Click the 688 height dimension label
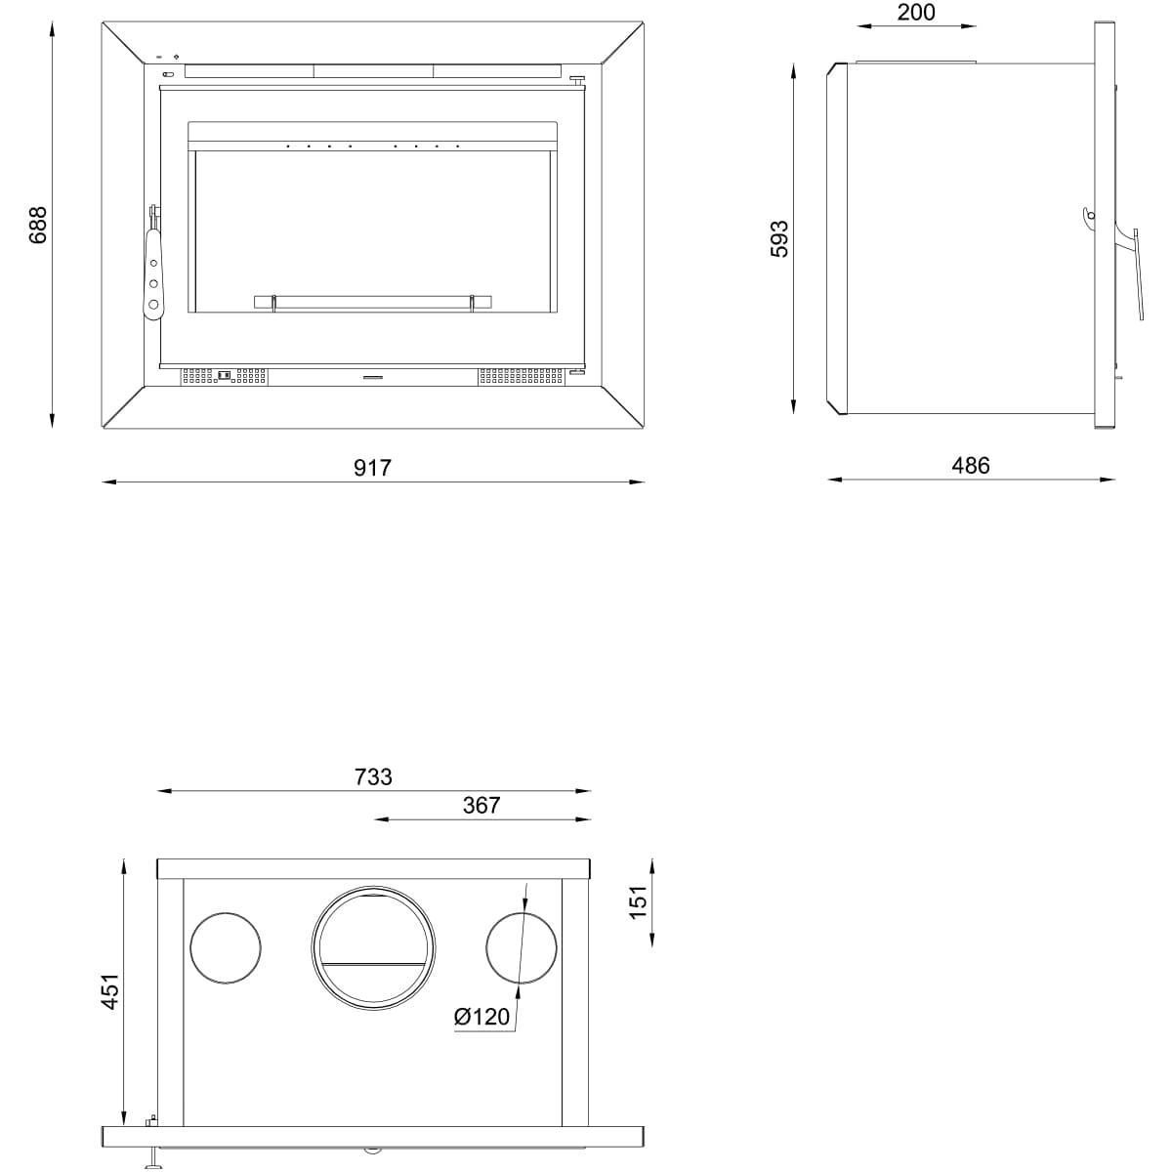tap(38, 225)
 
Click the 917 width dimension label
tap(372, 468)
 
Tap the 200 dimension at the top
tap(916, 12)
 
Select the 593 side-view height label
tap(778, 238)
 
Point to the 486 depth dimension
tap(971, 465)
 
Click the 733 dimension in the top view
tap(373, 776)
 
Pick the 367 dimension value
tap(481, 805)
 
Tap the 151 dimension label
tap(638, 902)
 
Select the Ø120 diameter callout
tap(481, 1017)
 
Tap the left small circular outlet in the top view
tap(226, 948)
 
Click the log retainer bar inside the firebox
tap(373, 302)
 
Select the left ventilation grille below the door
tap(224, 376)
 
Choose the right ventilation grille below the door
tap(522, 376)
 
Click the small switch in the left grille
tap(225, 375)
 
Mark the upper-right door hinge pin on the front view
tap(576, 80)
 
